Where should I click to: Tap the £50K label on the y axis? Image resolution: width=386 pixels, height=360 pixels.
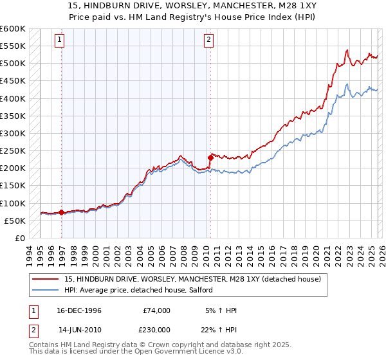pyautogui.click(x=15, y=221)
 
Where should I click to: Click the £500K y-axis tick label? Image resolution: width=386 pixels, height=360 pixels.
pyautogui.click(x=13, y=64)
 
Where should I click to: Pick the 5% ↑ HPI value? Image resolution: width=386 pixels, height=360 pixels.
pyautogui.click(x=222, y=310)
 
